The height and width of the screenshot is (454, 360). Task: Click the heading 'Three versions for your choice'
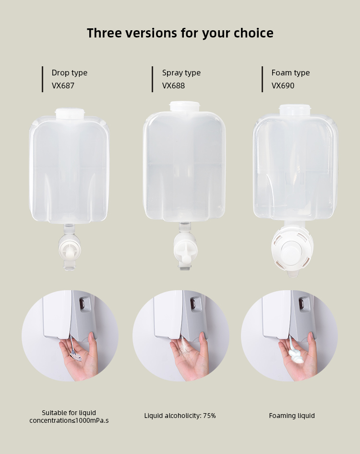point(180,33)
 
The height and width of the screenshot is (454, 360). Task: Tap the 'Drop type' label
point(70,73)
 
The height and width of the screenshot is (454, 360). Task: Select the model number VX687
point(63,86)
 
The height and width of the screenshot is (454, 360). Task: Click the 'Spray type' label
point(181,73)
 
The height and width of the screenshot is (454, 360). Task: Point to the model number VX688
point(173,86)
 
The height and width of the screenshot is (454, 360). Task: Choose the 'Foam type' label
point(290,73)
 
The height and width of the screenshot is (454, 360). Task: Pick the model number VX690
point(283,86)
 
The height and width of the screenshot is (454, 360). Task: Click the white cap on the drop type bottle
point(70,113)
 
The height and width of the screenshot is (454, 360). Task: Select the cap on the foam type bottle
point(295,110)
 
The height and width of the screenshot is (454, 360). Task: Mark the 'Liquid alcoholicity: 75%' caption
point(180,416)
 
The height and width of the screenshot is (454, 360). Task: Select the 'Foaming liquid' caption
point(292,416)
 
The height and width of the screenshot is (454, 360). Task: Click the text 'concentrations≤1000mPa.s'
point(69,420)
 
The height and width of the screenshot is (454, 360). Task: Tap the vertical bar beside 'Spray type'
point(152,79)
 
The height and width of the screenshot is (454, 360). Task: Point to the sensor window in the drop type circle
point(82,304)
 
